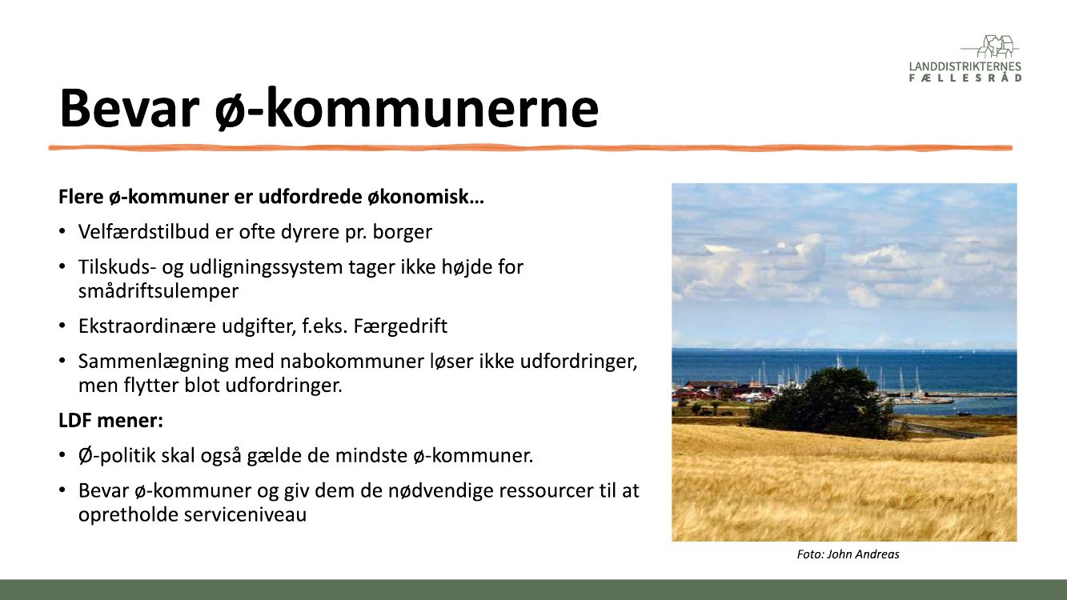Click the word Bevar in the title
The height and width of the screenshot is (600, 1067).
coord(129,108)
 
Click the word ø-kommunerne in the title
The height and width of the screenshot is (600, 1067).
coord(407,108)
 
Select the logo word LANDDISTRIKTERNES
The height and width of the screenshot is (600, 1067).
coord(965,66)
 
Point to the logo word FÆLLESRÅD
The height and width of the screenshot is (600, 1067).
coord(965,78)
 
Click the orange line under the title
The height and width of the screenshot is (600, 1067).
coord(530,148)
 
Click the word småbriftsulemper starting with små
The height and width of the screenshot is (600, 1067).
coord(158,291)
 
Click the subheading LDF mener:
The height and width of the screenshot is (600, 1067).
coord(110,421)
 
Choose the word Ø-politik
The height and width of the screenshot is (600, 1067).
coord(117,456)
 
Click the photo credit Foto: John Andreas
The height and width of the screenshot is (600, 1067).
coord(848,554)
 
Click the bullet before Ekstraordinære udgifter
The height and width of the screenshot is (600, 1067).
coord(62,326)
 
